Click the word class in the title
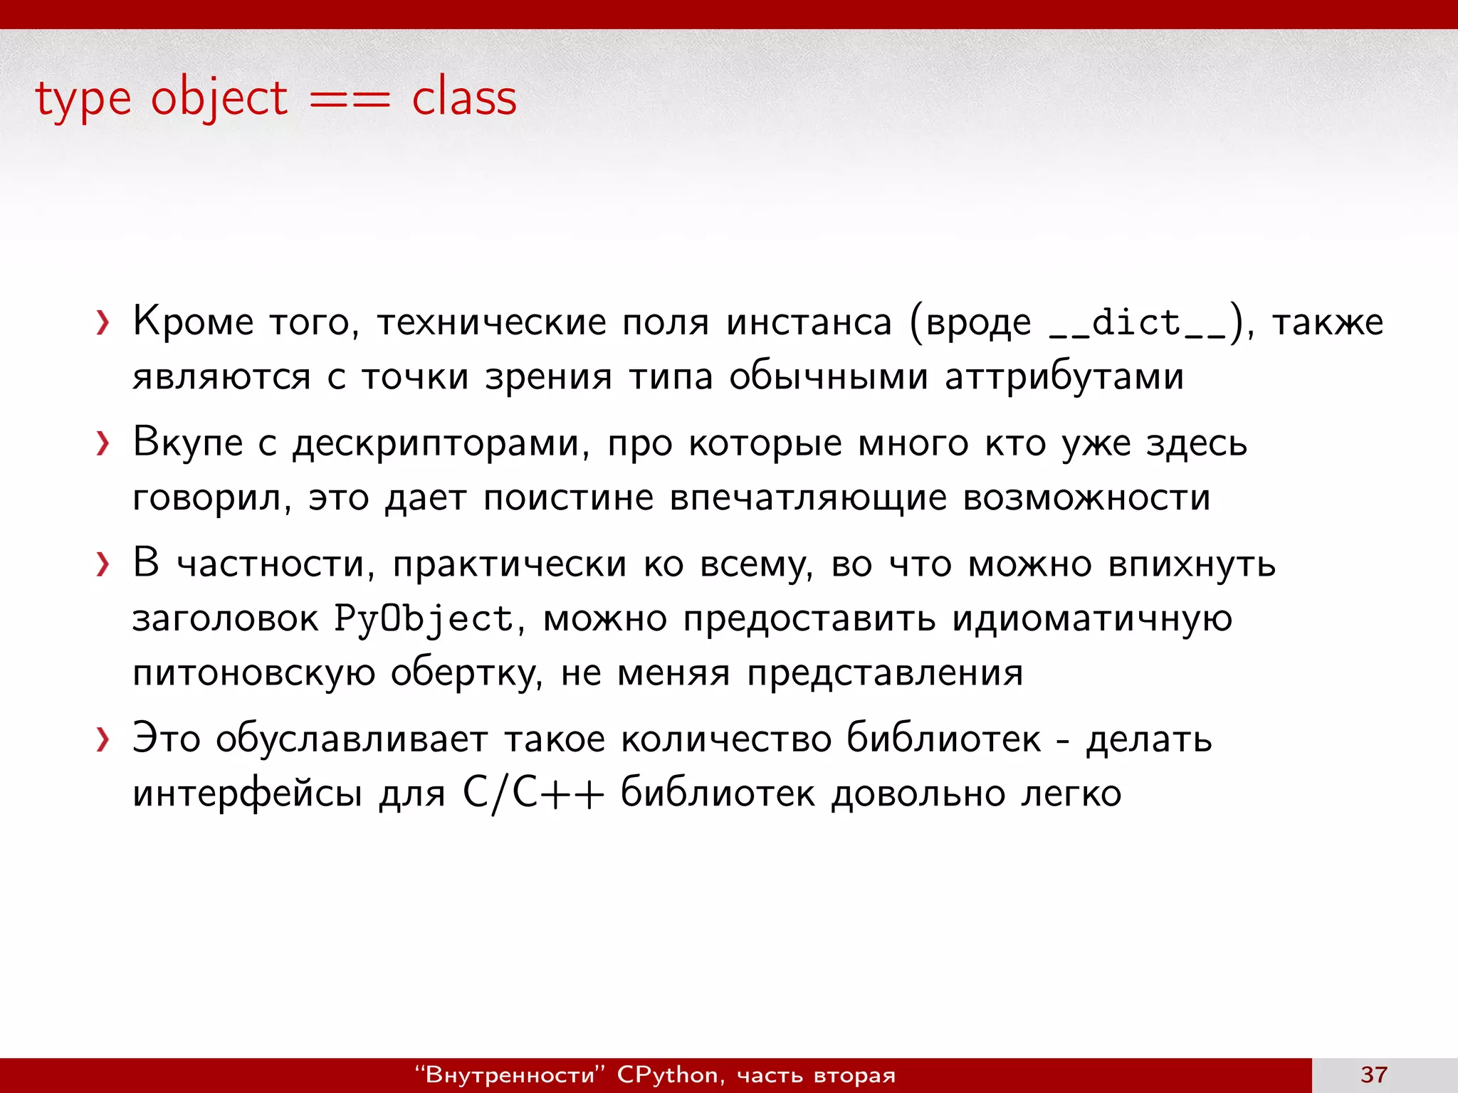pyautogui.click(x=464, y=98)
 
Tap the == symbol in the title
pyautogui.click(x=350, y=100)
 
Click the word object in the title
pyautogui.click(x=219, y=100)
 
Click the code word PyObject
pyautogui.click(x=424, y=618)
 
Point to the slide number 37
pyautogui.click(x=1374, y=1074)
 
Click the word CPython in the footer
pyautogui.click(x=668, y=1074)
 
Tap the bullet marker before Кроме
pyautogui.click(x=103, y=323)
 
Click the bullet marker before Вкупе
pyautogui.click(x=103, y=444)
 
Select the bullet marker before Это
pyautogui.click(x=103, y=740)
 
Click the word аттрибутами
pyautogui.click(x=1064, y=377)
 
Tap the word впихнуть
pyautogui.click(x=1192, y=564)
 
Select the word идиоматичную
pyautogui.click(x=1092, y=618)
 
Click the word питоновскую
pyautogui.click(x=253, y=673)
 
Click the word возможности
pyautogui.click(x=1086, y=497)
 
